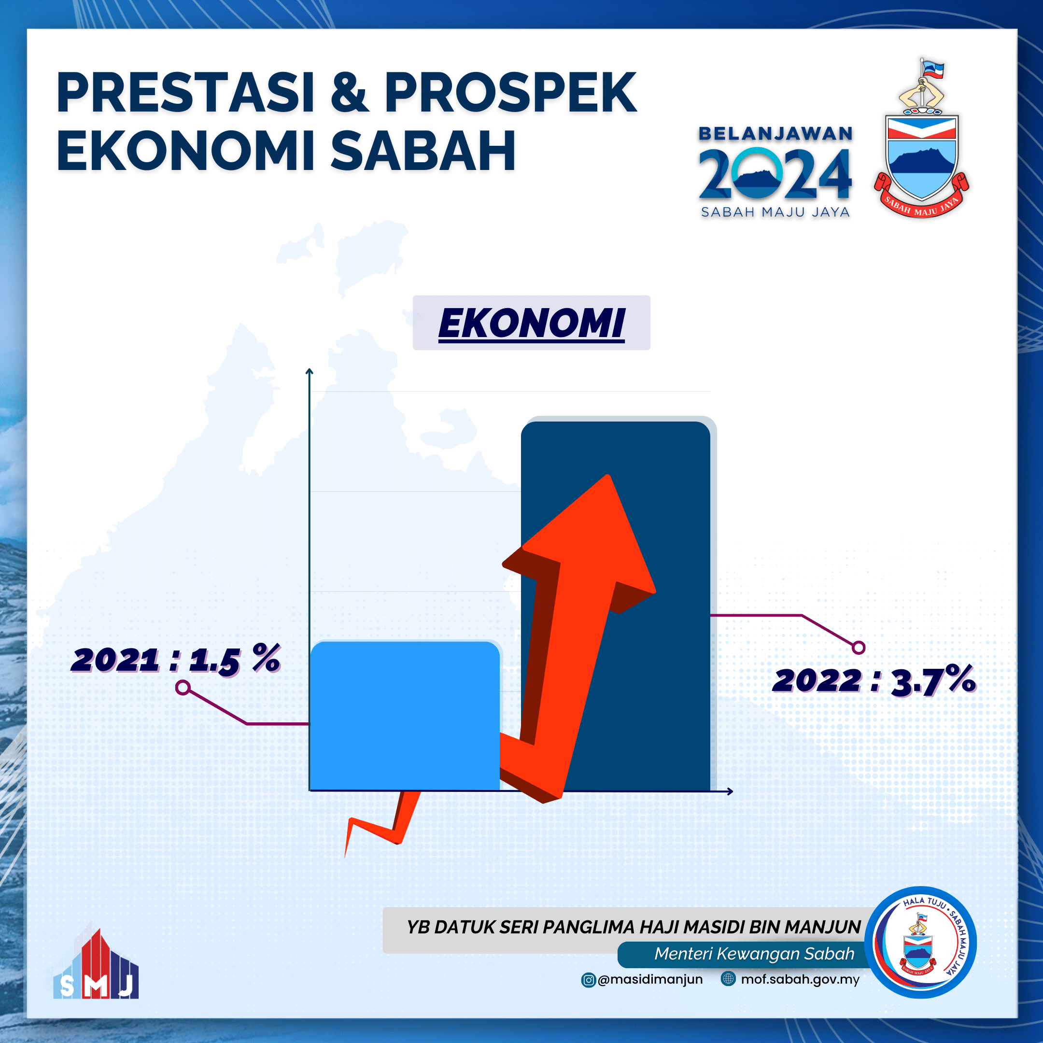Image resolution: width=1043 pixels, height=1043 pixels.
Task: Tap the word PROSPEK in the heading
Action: coord(510,93)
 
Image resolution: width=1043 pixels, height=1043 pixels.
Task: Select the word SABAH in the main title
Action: coord(423,151)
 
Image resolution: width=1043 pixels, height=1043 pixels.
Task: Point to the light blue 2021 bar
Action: coord(405,715)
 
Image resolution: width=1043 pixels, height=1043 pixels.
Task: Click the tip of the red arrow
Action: coord(608,475)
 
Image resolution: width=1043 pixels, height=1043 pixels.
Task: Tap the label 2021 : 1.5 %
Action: coord(176,659)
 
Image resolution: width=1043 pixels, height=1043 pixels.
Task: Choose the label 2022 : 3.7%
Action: coord(874,680)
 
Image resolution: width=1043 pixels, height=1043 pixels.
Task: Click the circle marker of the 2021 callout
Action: coord(183,688)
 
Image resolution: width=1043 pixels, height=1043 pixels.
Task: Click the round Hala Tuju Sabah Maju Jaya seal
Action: coord(921,943)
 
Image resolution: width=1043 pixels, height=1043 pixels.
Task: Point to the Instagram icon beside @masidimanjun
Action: coord(588,980)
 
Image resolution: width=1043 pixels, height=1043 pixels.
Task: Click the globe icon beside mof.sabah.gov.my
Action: coord(728,979)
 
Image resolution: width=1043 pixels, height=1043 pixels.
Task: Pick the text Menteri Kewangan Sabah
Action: coord(754,953)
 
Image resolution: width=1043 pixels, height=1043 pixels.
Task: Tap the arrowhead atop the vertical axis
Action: coord(310,371)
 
